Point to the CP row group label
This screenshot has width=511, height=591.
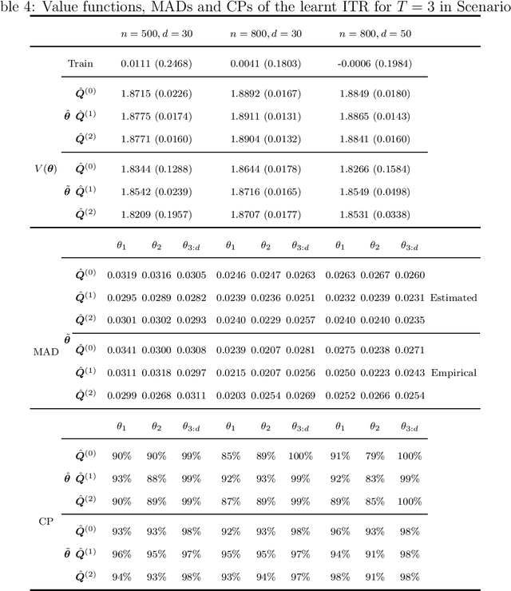pos(46,521)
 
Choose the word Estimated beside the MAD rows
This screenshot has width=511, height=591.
pos(453,298)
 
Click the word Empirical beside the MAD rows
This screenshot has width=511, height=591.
pos(453,372)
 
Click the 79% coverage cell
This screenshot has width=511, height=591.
pos(373,456)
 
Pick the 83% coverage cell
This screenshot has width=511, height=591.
pos(373,478)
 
